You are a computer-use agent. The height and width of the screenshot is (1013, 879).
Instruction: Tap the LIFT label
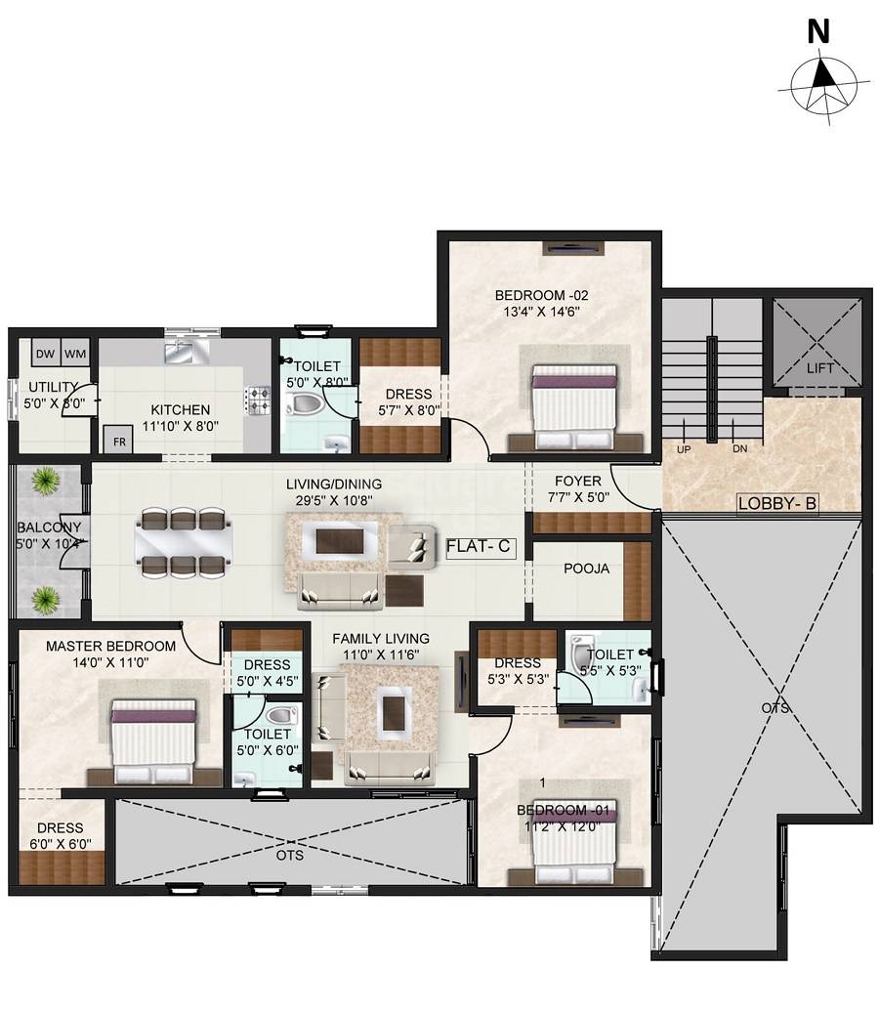point(818,368)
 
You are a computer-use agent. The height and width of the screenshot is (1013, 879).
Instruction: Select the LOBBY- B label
point(777,504)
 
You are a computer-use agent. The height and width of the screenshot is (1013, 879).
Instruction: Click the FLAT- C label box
point(479,547)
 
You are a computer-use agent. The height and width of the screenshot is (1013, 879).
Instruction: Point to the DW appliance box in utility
point(45,354)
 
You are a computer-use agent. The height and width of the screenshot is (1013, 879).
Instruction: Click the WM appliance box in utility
point(75,354)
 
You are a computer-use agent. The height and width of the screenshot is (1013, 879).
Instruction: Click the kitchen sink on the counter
point(183,350)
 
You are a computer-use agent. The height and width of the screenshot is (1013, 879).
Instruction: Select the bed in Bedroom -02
point(574,403)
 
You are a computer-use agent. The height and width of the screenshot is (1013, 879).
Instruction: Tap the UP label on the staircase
point(682,449)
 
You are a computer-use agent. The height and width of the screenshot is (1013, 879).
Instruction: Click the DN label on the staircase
point(740,449)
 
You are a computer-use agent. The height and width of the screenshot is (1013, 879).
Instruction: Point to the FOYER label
point(577,481)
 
